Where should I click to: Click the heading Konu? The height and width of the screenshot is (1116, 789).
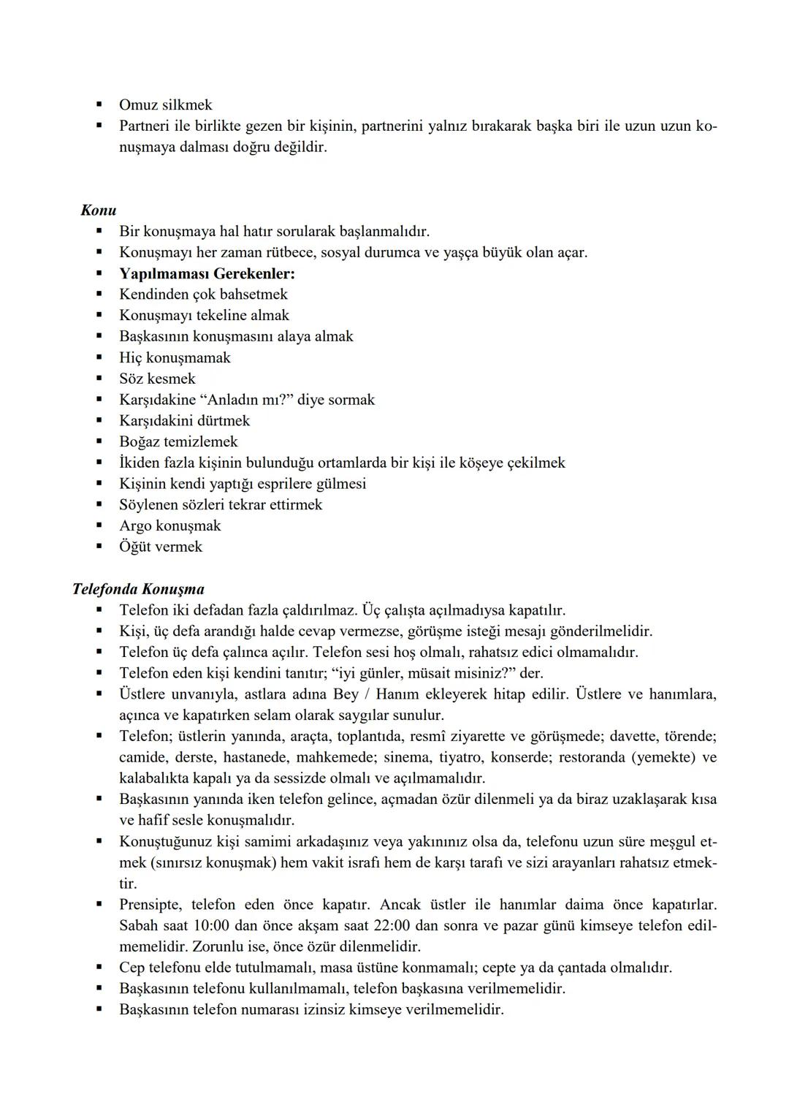click(99, 210)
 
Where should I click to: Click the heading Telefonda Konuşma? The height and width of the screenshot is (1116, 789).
click(138, 589)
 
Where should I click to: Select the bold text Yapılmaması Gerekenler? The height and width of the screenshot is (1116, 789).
click(207, 273)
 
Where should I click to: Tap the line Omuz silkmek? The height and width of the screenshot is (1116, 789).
click(166, 105)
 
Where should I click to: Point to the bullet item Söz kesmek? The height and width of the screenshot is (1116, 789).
click(157, 379)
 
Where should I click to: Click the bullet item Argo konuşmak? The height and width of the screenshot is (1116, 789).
click(169, 525)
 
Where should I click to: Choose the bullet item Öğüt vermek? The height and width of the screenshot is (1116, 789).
click(161, 547)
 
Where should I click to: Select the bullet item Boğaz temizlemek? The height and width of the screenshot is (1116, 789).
click(178, 441)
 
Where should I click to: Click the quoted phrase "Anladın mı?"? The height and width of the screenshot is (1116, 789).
click(246, 400)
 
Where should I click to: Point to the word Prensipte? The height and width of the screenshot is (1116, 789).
click(150, 905)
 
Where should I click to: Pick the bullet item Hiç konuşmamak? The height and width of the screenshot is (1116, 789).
click(175, 357)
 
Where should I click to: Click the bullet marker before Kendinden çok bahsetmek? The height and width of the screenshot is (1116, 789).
click(99, 295)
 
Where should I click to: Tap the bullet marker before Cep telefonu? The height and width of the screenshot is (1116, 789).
click(99, 968)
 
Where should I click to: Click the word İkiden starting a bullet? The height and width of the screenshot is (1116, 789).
click(141, 463)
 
